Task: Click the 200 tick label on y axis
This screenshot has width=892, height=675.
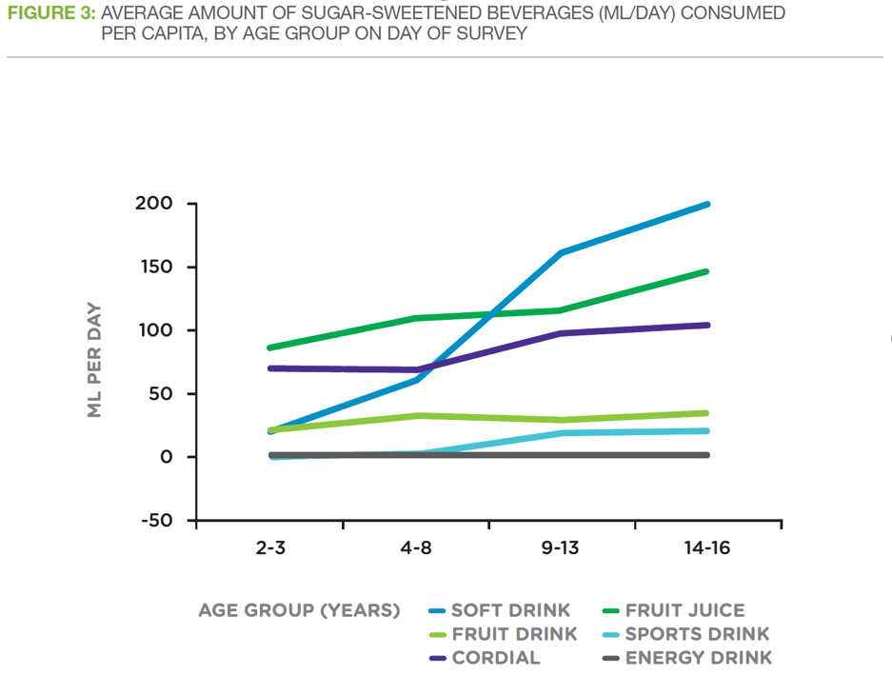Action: (153, 204)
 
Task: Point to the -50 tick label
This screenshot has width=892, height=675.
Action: (154, 521)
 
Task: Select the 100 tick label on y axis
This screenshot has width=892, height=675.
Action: (154, 330)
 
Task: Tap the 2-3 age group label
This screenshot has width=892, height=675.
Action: (270, 549)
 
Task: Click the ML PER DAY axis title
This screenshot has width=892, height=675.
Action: (94, 361)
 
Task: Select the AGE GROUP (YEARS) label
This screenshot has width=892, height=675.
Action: (299, 610)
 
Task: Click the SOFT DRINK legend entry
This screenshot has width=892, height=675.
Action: (510, 610)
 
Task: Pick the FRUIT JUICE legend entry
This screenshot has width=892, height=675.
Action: (684, 610)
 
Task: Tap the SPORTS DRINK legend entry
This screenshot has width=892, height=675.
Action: (697, 634)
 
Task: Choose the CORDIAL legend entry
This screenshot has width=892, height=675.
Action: (495, 658)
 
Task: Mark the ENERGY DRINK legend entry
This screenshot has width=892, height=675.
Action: (698, 658)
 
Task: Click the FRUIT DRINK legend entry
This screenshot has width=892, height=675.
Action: (514, 634)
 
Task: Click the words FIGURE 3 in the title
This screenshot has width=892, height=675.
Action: (50, 14)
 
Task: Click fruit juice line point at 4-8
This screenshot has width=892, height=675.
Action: (417, 318)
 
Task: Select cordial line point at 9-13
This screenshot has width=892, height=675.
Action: (562, 333)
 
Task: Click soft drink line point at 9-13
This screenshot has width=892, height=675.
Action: (562, 252)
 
